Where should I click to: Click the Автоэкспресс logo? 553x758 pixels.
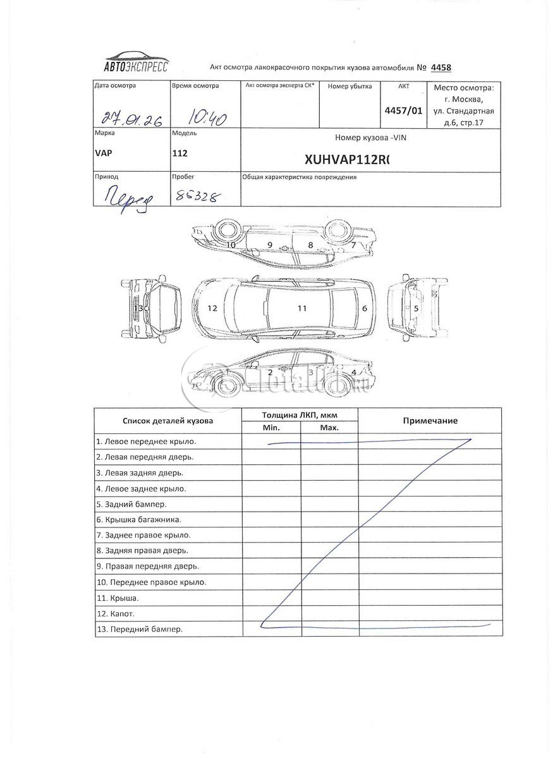(x=135, y=61)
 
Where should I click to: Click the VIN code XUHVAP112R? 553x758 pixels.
(x=348, y=160)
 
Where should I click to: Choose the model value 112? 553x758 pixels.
(x=179, y=153)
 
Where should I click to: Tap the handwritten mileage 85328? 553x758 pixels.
(x=195, y=196)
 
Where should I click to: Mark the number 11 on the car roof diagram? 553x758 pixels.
(x=302, y=308)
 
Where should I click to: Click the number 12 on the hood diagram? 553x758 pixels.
(x=212, y=308)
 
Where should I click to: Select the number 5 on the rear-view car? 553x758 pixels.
(x=416, y=308)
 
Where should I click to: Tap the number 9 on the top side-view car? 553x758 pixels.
(x=269, y=244)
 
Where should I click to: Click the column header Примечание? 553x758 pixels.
(x=430, y=421)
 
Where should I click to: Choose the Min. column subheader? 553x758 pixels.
(x=271, y=428)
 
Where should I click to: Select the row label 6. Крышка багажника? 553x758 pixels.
(x=139, y=520)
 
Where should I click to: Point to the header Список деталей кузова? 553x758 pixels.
(x=167, y=421)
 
